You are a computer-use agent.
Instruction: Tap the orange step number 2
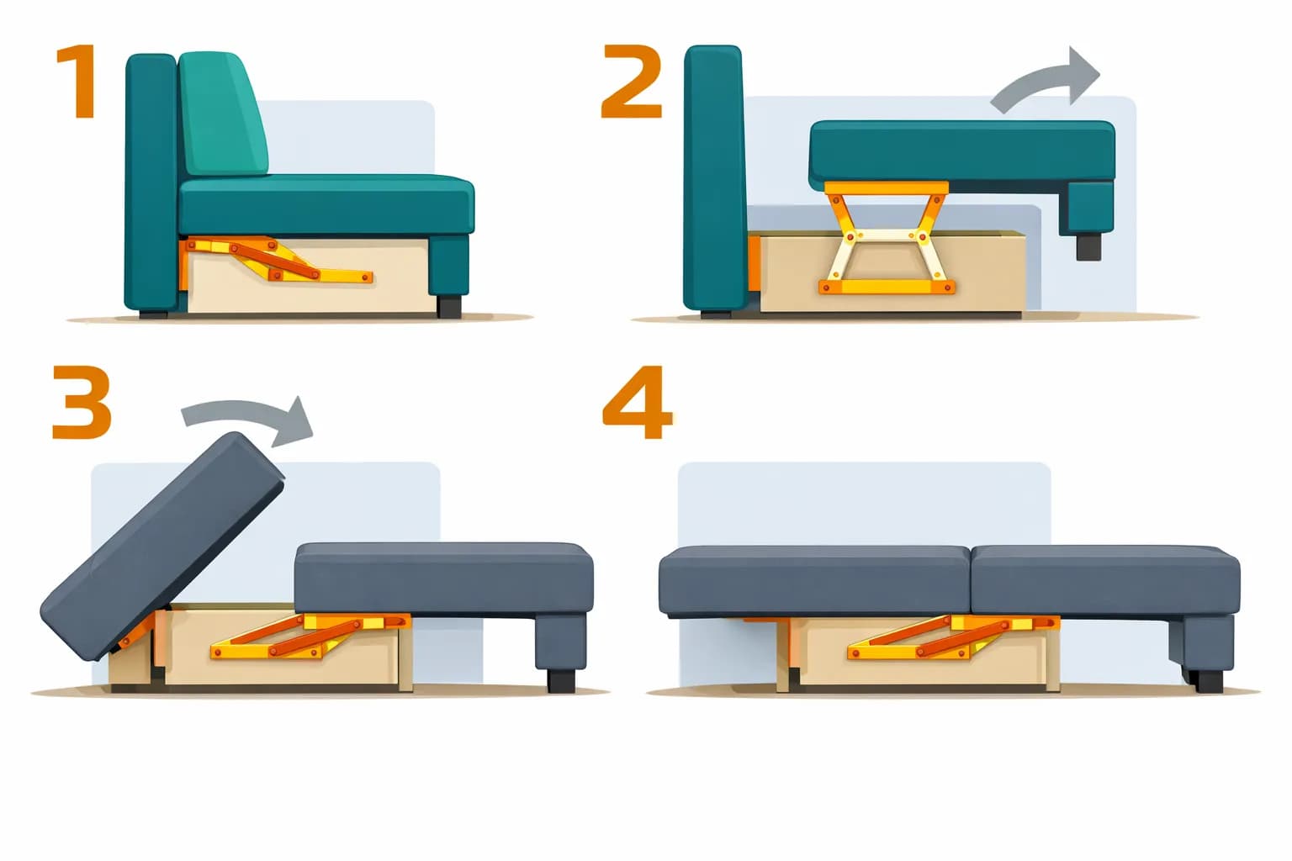click(631, 82)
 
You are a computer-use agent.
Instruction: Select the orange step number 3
click(82, 401)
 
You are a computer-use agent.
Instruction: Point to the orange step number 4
click(638, 401)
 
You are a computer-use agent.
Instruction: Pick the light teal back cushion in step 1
click(223, 114)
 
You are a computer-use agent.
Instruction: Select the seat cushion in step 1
click(326, 204)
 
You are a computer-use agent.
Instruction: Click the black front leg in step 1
click(449, 307)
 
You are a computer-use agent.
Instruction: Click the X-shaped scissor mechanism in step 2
click(887, 238)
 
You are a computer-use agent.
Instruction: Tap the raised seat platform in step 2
click(962, 156)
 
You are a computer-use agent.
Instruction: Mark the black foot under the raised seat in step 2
click(1088, 246)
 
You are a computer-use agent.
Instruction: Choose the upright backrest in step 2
click(713, 179)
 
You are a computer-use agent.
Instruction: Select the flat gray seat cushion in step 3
click(444, 578)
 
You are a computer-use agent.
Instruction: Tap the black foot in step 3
click(561, 680)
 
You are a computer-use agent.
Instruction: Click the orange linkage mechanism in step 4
click(952, 637)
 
